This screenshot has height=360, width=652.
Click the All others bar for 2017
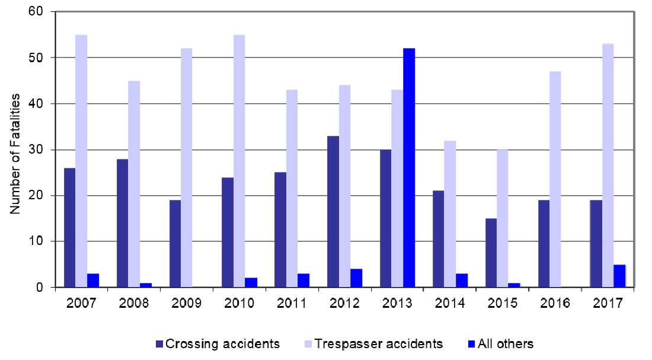[619, 276]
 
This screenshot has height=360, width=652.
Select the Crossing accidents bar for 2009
[175, 244]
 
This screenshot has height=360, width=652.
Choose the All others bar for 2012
[356, 278]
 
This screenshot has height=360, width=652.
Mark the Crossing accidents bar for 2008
[122, 223]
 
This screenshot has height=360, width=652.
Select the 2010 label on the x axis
[239, 304]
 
